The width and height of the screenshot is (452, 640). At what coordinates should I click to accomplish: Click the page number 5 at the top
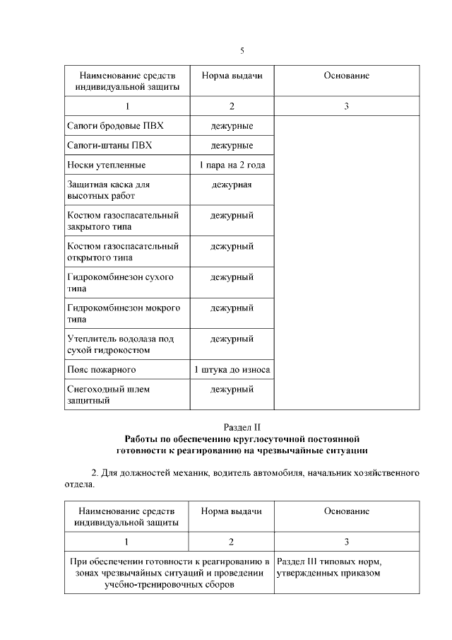point(242,50)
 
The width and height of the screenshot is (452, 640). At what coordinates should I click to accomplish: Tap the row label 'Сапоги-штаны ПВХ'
point(109,146)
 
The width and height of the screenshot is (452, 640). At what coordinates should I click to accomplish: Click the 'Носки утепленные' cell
point(106,165)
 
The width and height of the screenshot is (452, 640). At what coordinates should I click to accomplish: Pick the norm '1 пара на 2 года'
point(232,165)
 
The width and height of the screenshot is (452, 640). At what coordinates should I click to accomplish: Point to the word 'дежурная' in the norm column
point(232,185)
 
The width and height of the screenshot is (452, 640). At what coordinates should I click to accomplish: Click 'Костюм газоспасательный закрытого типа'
point(122,221)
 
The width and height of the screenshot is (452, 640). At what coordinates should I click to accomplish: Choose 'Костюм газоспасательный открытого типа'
point(122,252)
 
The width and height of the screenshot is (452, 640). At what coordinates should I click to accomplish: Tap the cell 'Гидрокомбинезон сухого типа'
point(119,283)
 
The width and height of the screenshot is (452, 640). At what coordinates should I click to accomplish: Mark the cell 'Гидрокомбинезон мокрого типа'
point(123,313)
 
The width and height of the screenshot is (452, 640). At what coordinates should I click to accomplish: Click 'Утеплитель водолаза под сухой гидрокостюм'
point(120,344)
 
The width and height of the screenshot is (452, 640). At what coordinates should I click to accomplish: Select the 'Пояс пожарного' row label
point(101,369)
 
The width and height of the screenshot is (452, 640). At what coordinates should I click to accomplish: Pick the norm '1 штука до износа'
point(232,369)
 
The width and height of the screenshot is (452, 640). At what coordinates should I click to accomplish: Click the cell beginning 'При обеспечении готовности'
point(169,573)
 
